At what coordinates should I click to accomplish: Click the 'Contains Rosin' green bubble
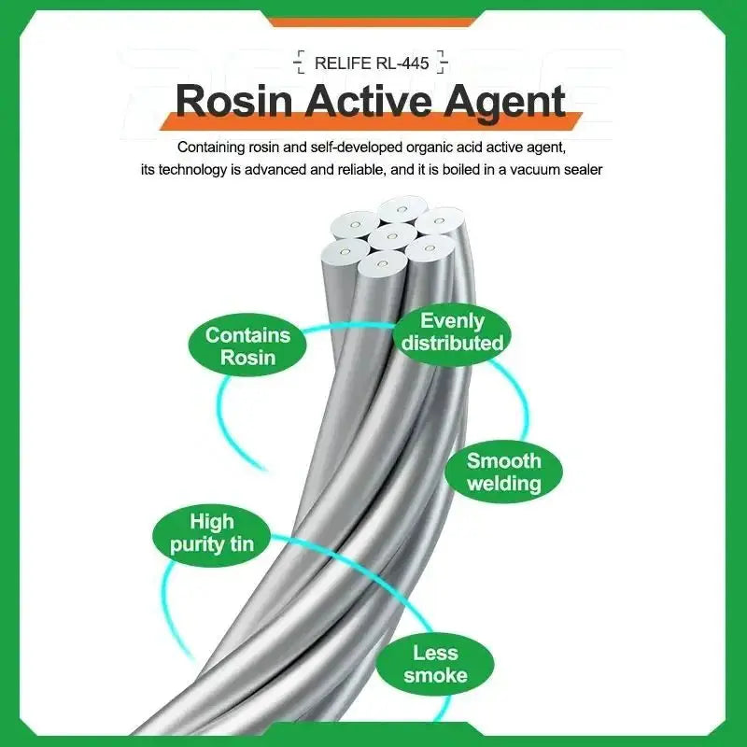[x=247, y=345]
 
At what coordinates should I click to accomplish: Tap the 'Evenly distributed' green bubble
[x=453, y=333]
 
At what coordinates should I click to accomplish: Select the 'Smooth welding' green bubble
[x=503, y=472]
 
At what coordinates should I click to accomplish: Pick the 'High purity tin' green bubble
[x=212, y=534]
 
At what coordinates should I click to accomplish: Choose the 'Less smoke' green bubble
[x=435, y=664]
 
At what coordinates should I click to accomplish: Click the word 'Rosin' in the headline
[x=234, y=101]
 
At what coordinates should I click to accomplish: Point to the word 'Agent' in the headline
[x=505, y=103]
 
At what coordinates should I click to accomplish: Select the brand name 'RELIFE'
[x=343, y=63]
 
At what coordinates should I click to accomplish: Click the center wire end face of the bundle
[x=391, y=236]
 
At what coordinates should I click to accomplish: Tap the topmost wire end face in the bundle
[x=402, y=209]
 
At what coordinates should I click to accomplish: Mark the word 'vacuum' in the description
[x=529, y=170]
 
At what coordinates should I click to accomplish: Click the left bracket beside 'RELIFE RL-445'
[x=300, y=63]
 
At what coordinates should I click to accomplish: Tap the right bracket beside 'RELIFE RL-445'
[x=443, y=63]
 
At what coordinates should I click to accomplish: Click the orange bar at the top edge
[x=372, y=21]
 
